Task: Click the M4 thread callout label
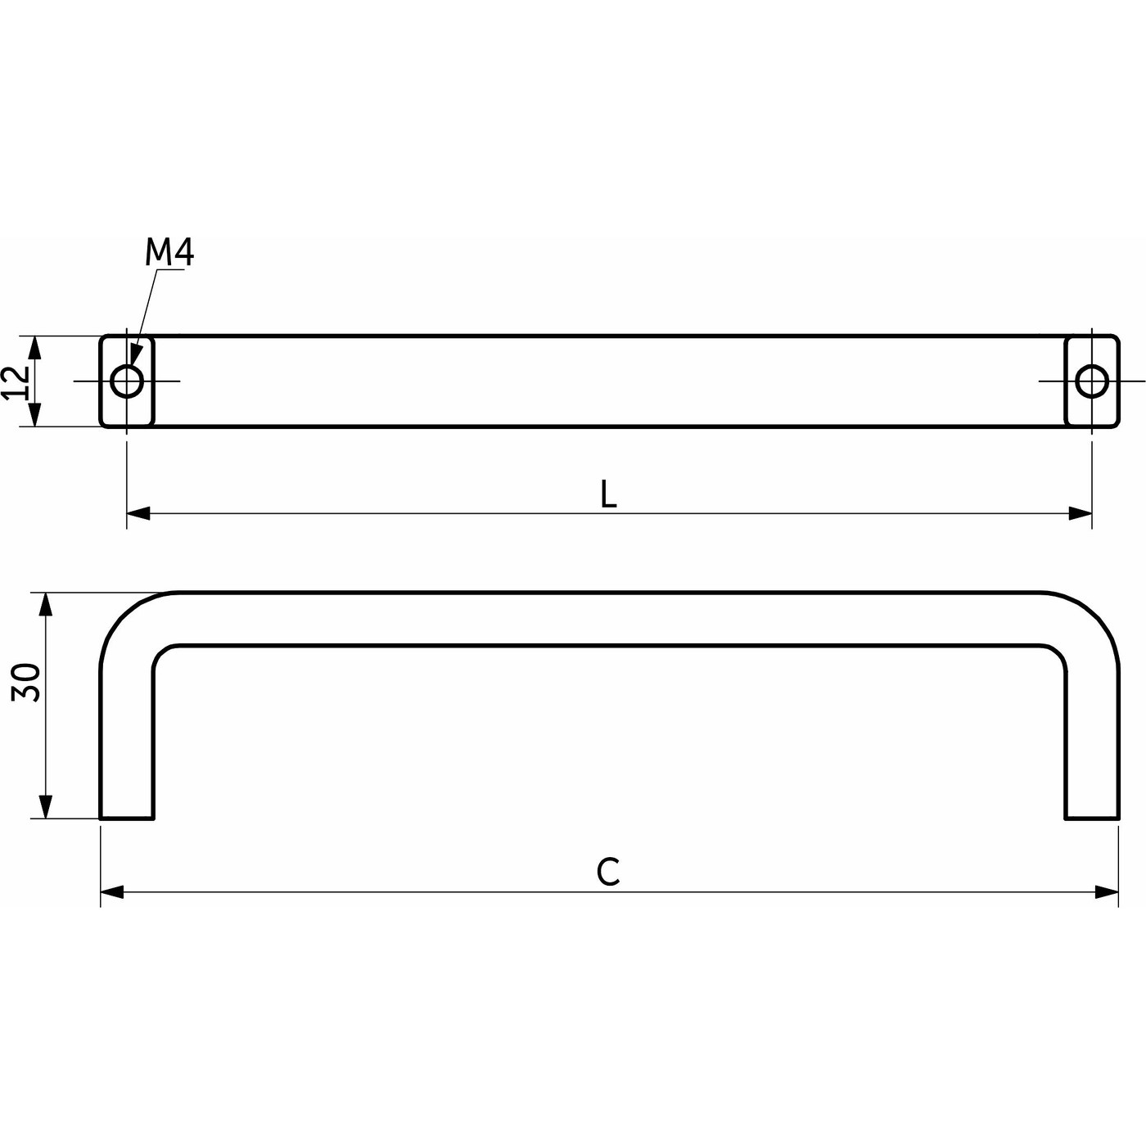click(x=169, y=253)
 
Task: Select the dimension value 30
click(x=27, y=683)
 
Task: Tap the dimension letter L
click(x=608, y=494)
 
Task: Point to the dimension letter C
click(x=608, y=873)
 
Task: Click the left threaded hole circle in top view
click(x=127, y=381)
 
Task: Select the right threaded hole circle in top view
click(x=1092, y=381)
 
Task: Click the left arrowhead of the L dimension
click(x=138, y=514)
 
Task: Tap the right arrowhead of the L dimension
click(x=1081, y=514)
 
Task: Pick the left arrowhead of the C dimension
click(x=112, y=892)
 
